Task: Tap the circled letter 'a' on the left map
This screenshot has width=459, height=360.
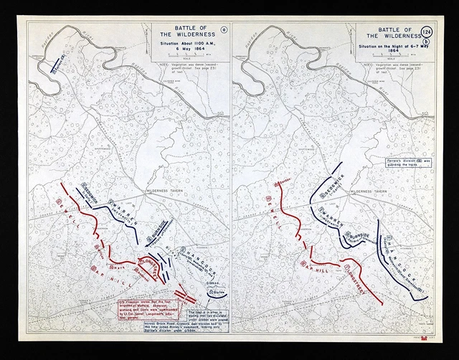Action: (x=223, y=30)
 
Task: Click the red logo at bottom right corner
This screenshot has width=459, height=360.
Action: (x=430, y=338)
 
